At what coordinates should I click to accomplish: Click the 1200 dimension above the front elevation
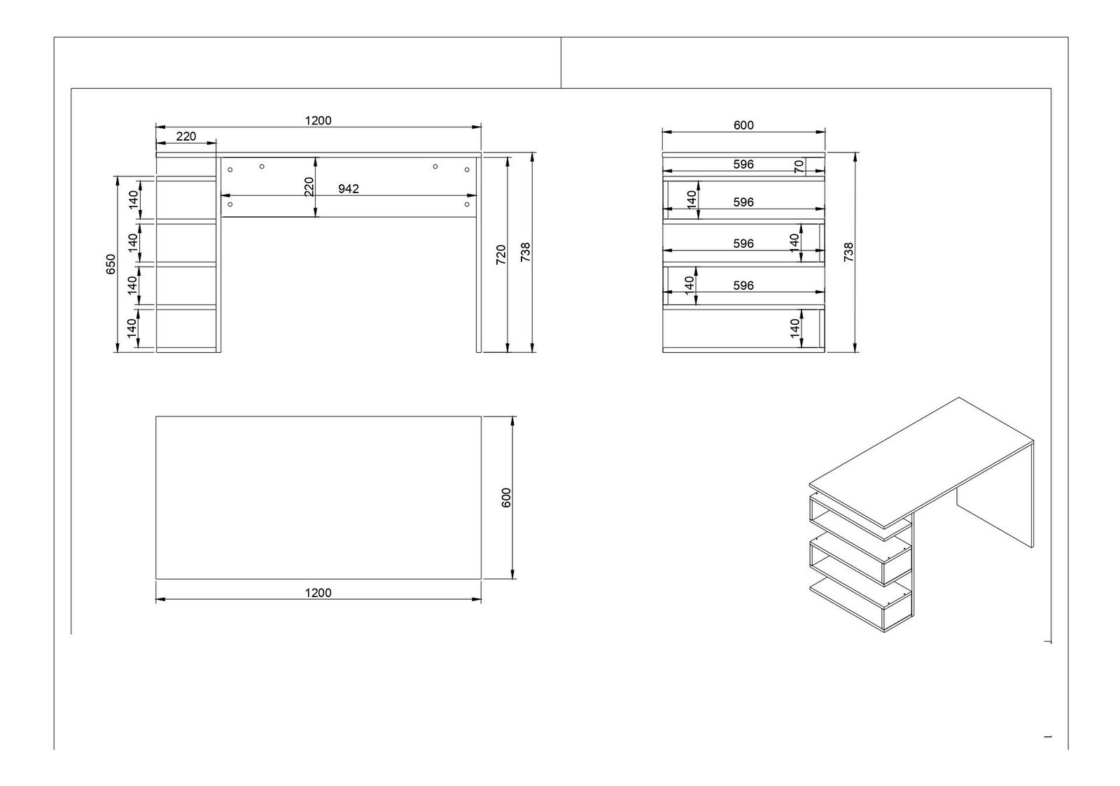(318, 120)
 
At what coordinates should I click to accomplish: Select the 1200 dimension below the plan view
(318, 593)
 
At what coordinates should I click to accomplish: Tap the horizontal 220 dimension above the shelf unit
(186, 136)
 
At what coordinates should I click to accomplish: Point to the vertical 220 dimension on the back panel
(309, 186)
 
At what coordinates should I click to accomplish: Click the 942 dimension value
(349, 188)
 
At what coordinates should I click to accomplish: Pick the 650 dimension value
(111, 264)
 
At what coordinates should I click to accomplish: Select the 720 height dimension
(500, 254)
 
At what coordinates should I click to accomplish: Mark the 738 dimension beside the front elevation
(526, 252)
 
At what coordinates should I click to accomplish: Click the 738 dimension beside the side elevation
(848, 252)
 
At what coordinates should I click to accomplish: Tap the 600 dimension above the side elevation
(743, 125)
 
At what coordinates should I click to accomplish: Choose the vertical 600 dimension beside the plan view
(507, 498)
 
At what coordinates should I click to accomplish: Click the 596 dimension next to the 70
(743, 164)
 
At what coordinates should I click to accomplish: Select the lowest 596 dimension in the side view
(743, 286)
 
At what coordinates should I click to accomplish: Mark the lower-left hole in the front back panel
(230, 204)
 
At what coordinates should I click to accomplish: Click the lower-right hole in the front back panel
(467, 204)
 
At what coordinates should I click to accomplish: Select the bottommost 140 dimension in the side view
(794, 328)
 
